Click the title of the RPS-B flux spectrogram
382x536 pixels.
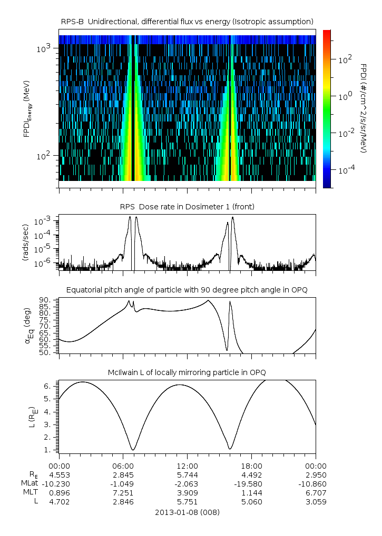(187, 21)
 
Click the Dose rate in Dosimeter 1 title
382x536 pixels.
(187, 207)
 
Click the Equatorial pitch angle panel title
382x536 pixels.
(187, 290)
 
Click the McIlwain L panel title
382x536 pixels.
(187, 372)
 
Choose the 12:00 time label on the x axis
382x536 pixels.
(187, 466)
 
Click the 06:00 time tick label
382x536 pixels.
(123, 466)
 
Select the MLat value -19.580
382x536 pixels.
(251, 484)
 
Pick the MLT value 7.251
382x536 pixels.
(123, 493)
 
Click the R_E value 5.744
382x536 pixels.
(187, 475)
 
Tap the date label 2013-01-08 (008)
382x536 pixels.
(187, 512)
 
